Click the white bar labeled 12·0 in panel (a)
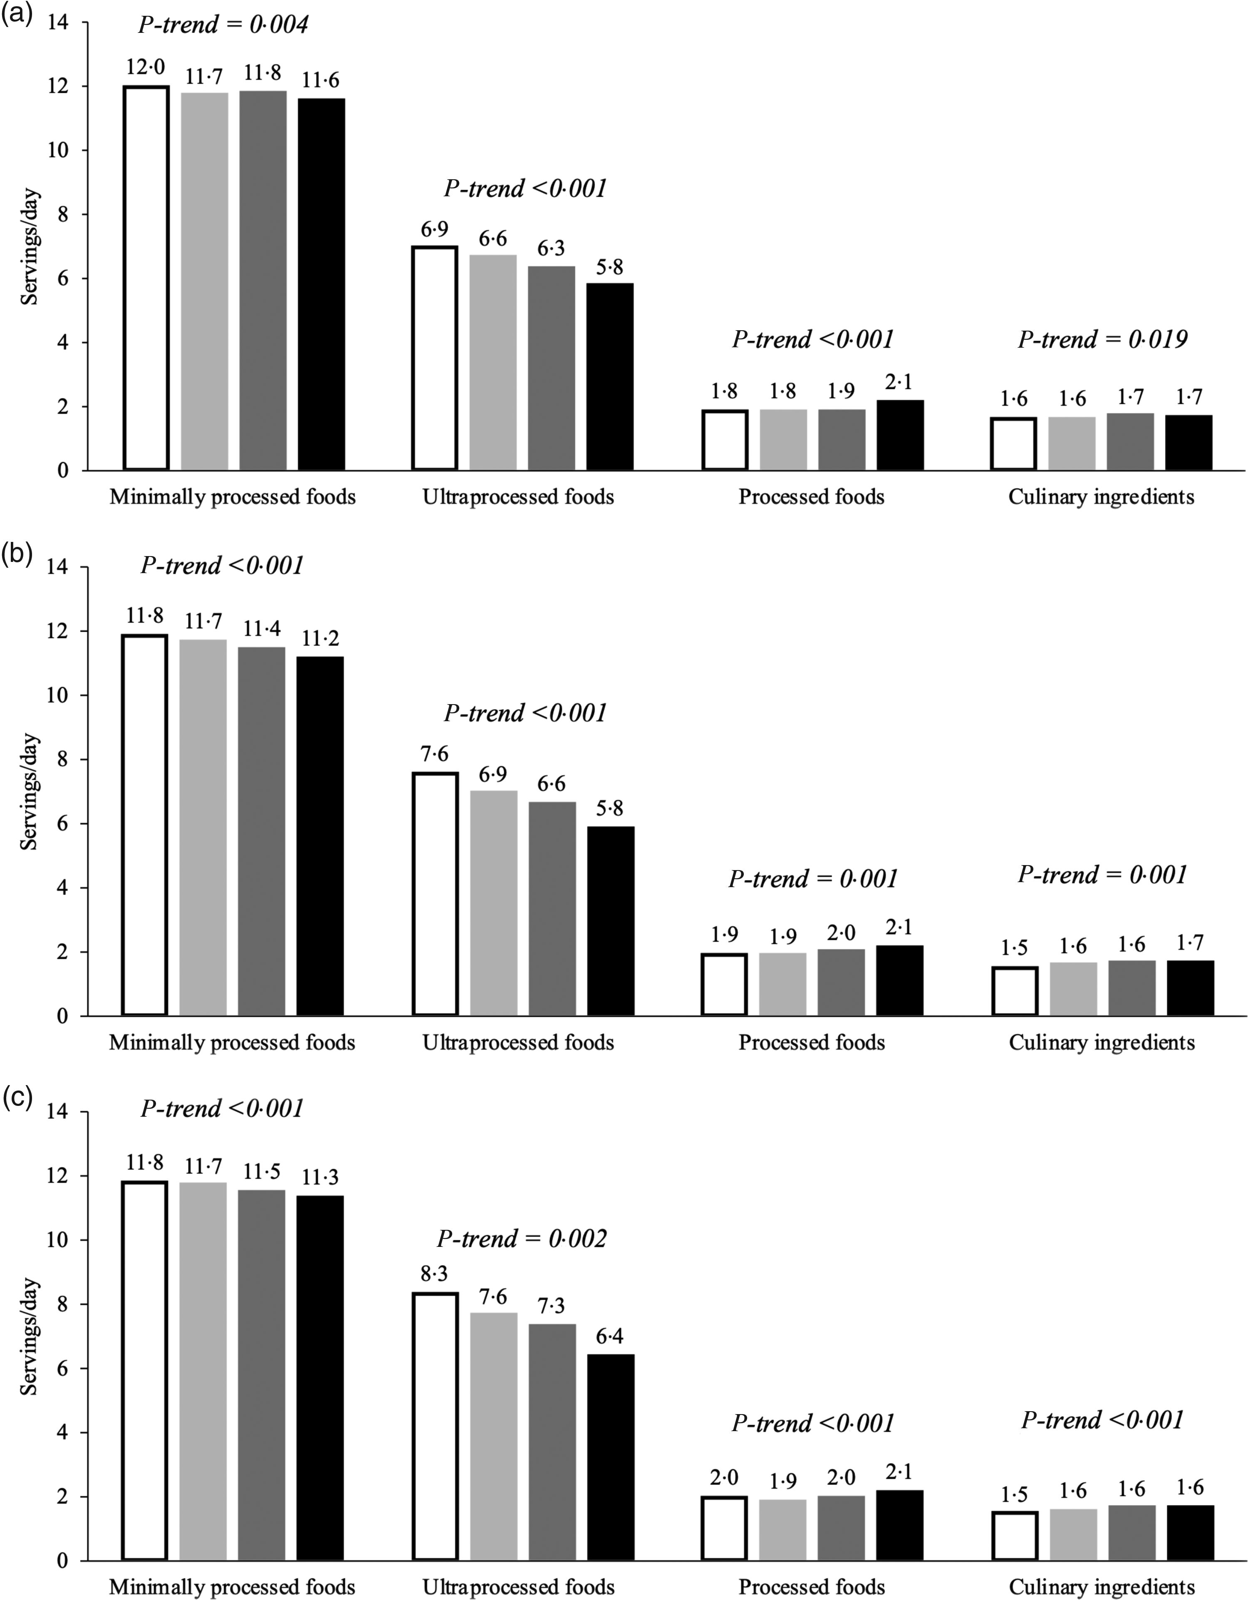pos(146,278)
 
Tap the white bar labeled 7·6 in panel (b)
pos(435,894)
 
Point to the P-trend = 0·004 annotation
pos(223,25)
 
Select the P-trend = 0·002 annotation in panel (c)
pos(522,1239)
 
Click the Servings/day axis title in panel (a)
pos(29,247)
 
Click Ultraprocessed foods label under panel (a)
pos(518,497)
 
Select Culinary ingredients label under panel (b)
pos(1102,1043)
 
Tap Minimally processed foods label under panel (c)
pos(232,1587)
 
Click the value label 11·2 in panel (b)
pos(320,640)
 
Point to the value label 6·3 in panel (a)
pos(551,249)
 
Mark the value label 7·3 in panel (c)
pos(551,1306)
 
